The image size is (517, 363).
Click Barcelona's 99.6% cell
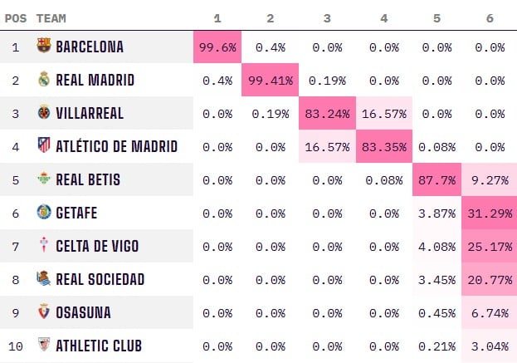pos(217,47)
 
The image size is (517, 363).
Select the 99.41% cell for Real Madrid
pos(271,81)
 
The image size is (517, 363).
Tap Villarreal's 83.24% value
pos(327,114)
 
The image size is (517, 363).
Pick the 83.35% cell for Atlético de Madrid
pos(383,147)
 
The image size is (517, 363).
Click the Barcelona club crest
pos(44,47)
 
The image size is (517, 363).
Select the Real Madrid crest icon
pos(44,80)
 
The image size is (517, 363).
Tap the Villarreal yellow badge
pos(44,113)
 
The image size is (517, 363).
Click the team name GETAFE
pos(76,213)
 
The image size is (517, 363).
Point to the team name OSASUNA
pos(83,313)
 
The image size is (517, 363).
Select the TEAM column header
pos(51,17)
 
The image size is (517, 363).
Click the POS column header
pos(16,17)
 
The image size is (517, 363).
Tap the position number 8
pos(15,280)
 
